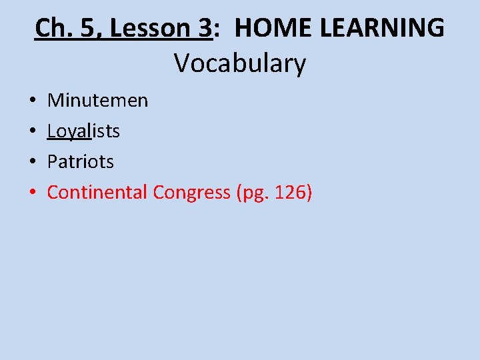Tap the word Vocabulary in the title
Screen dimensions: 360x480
tap(240, 63)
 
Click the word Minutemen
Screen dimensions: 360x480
tap(97, 101)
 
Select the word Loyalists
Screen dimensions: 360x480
tap(83, 131)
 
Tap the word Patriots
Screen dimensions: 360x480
tap(81, 162)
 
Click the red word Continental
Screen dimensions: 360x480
tap(97, 193)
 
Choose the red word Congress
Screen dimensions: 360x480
tap(192, 193)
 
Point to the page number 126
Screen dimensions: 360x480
tap(288, 193)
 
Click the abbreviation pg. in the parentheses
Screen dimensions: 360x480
tap(254, 193)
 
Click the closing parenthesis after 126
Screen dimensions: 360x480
tap(308, 193)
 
